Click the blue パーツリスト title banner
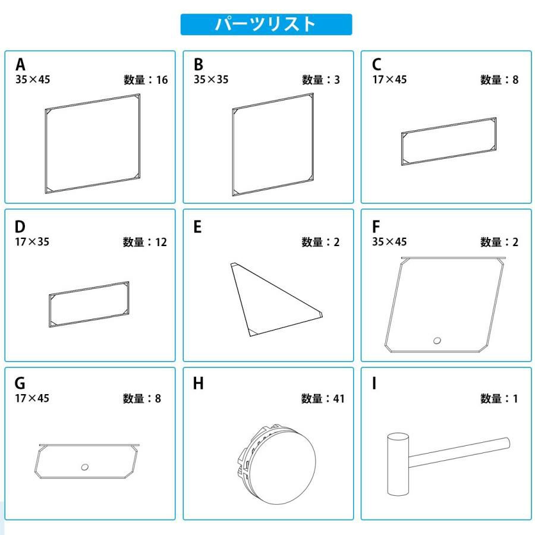tap(266, 24)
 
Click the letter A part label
tap(20, 64)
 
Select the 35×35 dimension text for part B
tap(211, 80)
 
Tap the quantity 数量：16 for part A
tap(146, 80)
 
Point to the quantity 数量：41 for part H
tap(323, 398)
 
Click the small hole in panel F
tap(437, 340)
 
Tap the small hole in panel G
tap(84, 467)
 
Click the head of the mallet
tap(398, 464)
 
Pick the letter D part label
tap(20, 227)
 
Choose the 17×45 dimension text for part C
tap(389, 80)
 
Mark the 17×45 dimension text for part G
tap(32, 398)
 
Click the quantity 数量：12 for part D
tap(145, 243)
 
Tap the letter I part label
tap(374, 383)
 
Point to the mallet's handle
tap(460, 452)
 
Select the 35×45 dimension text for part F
tap(389, 242)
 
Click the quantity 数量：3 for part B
tap(321, 80)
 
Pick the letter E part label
tap(197, 227)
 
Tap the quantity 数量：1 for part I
tap(499, 398)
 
